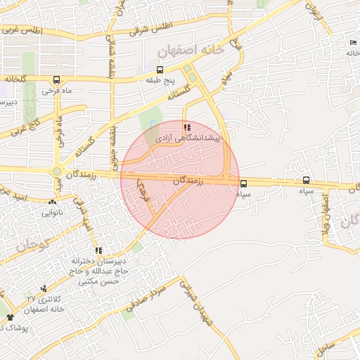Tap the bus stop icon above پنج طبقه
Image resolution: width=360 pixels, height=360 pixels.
[160, 70]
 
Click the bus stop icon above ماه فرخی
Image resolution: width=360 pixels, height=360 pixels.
[56, 79]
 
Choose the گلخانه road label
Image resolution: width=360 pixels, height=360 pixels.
[14, 79]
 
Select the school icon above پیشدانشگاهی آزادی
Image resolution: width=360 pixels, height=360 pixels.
[186, 127]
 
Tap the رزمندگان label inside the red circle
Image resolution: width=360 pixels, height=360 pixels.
[187, 181]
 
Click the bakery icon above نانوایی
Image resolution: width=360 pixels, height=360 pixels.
[51, 201]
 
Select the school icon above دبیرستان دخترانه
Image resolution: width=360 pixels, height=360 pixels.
[98, 250]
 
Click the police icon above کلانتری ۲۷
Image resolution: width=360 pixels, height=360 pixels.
[44, 288]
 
